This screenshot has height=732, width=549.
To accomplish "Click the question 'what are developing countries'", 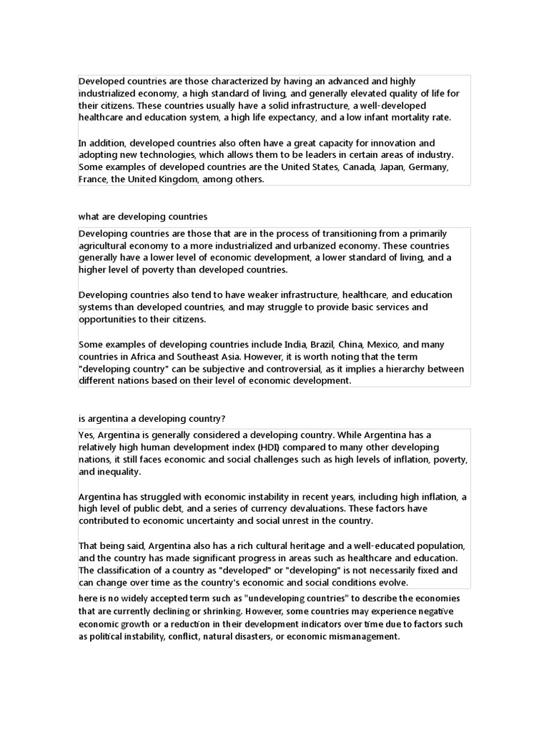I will click(143, 216).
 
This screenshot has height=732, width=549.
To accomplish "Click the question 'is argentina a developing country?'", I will click(152, 417).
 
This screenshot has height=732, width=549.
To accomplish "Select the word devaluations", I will click(334, 508).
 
